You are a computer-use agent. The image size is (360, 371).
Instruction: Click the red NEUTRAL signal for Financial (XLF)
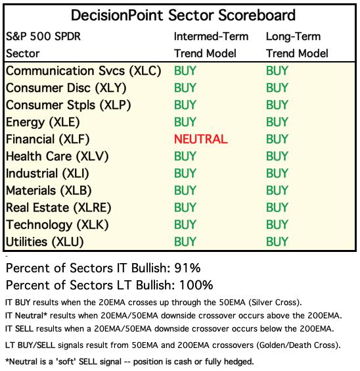click(x=201, y=139)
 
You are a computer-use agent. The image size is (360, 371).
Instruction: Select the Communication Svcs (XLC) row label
click(x=83, y=71)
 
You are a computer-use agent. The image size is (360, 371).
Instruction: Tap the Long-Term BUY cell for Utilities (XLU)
click(x=277, y=242)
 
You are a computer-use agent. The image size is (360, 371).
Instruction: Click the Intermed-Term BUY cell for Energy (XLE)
click(x=185, y=122)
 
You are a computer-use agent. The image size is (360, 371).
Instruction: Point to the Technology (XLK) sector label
click(x=57, y=225)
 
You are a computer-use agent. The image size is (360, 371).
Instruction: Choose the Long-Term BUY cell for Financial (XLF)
click(x=277, y=139)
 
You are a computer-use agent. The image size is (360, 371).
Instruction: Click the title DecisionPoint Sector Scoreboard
click(x=183, y=15)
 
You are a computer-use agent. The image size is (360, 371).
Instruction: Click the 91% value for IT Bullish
click(x=187, y=268)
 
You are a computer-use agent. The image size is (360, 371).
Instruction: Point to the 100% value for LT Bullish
click(x=196, y=285)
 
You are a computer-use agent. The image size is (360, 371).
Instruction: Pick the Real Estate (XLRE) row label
click(x=58, y=208)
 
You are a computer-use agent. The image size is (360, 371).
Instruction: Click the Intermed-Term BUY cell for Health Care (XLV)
click(x=185, y=156)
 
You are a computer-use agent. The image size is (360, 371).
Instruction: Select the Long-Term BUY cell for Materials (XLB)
click(x=277, y=191)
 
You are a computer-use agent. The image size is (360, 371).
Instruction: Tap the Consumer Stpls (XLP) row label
click(x=68, y=105)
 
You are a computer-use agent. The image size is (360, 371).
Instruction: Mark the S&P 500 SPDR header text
click(x=43, y=37)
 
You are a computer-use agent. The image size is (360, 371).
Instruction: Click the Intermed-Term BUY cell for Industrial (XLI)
click(x=185, y=174)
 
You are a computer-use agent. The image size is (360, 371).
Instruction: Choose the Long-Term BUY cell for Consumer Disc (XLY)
click(x=277, y=88)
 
